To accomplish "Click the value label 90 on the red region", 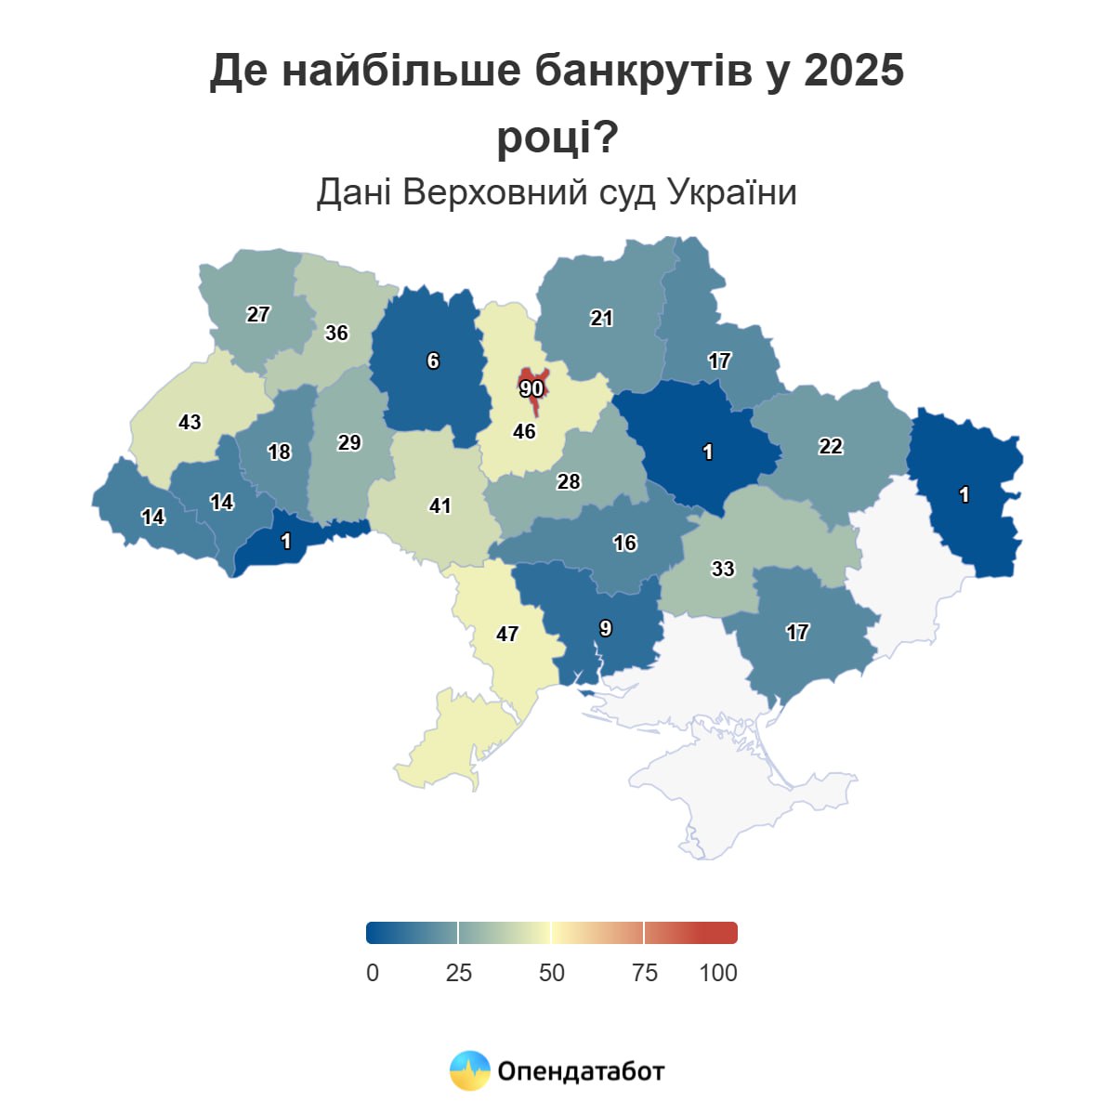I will pos(531,387).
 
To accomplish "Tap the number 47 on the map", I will pos(507,634).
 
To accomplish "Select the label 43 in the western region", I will pos(190,422).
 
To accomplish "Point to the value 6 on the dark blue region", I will pos(433,361).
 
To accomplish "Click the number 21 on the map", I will pos(602,318).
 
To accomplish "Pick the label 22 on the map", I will pos(831,446).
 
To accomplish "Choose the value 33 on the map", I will pos(723,569).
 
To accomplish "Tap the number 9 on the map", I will pos(606,628).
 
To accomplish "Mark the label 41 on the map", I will pos(440,505).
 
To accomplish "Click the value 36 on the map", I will pos(336,333).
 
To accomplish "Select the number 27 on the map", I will pos(258,314).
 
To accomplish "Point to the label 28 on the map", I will pos(569,481).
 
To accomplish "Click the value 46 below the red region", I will pos(525,431).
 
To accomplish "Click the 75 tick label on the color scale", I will pos(645,973).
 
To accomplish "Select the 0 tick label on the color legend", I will pos(373,973).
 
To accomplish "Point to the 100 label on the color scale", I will pos(718,973).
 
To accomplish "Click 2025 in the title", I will pos(854,71).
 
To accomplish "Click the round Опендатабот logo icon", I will pos(470,1070).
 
